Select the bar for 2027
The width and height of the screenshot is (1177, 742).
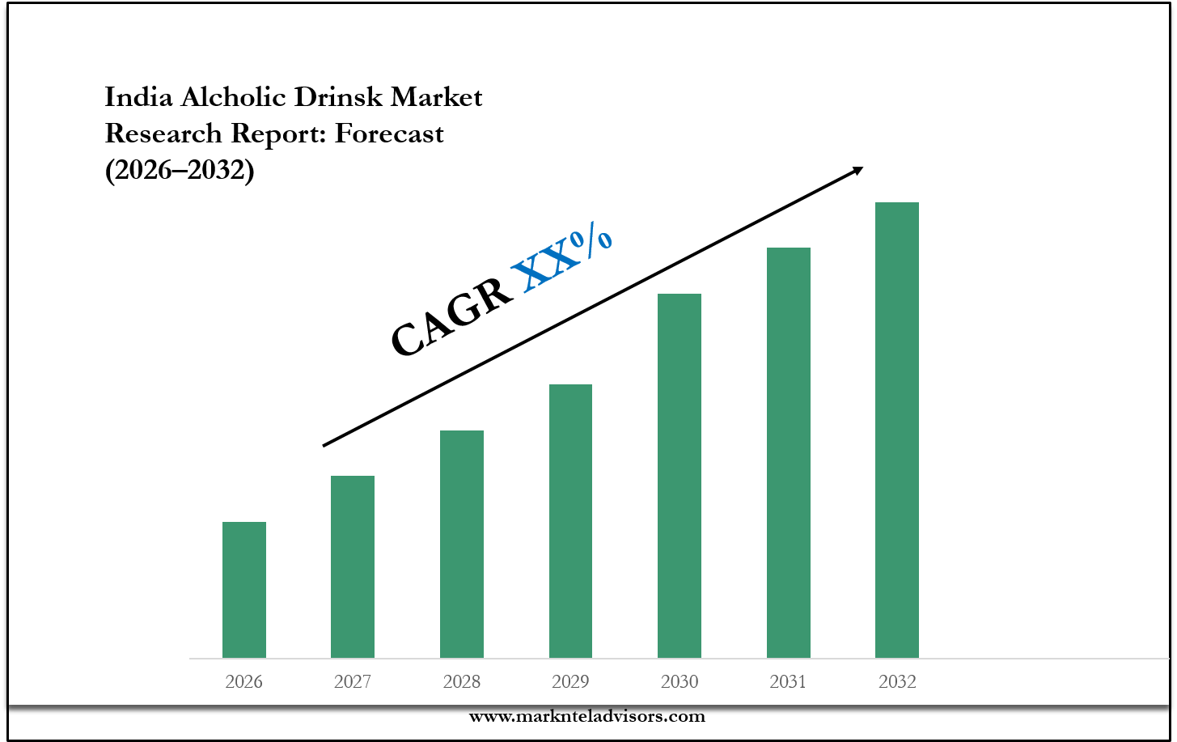tap(353, 566)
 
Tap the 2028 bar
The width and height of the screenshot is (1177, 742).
tap(462, 544)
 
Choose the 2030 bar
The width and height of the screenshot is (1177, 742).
tap(680, 475)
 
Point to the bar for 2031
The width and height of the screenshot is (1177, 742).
tap(789, 452)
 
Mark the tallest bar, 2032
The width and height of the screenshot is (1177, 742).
tap(897, 430)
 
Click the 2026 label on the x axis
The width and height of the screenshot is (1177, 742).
tap(244, 682)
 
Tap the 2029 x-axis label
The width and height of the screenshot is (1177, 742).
tap(570, 682)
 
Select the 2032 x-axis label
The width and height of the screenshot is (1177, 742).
tap(897, 682)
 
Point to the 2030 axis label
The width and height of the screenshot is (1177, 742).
tap(680, 682)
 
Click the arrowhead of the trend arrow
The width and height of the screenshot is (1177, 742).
tap(857, 170)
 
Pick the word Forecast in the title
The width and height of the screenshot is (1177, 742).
tap(389, 133)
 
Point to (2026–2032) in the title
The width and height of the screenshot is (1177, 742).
tap(180, 169)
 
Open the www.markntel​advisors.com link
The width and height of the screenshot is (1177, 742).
tap(587, 716)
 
